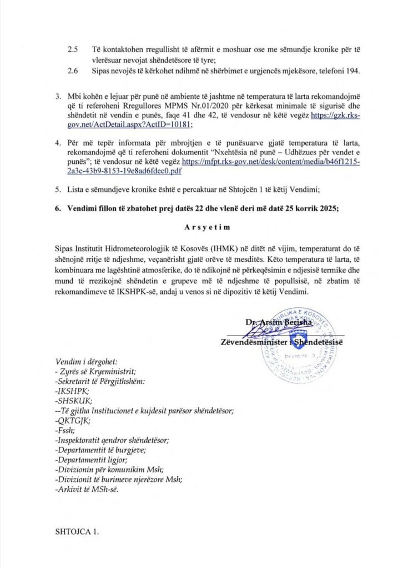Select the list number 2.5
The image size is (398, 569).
(x=73, y=49)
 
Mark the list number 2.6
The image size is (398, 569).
(x=73, y=71)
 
